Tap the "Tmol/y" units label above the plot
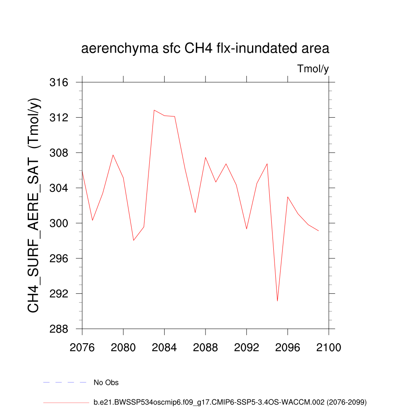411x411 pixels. tap(313, 69)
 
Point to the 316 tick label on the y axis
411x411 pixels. tap(59, 82)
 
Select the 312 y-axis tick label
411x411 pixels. tap(59, 118)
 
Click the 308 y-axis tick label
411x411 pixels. tap(59, 153)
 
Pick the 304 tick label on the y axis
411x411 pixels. tap(59, 188)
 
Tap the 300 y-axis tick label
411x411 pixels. tap(59, 223)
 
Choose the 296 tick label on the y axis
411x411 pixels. tap(59, 258)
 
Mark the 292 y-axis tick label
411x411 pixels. tap(59, 293)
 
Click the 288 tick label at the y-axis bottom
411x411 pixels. tap(59, 329)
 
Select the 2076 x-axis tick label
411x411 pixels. tap(82, 348)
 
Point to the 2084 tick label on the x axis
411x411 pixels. tap(165, 348)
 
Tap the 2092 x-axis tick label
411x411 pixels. tap(246, 348)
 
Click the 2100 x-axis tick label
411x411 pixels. tap(329, 348)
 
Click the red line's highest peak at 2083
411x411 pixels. tap(154, 110)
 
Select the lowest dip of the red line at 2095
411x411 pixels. tap(277, 301)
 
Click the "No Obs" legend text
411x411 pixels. tap(106, 383)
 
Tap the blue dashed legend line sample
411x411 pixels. tap(65, 383)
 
